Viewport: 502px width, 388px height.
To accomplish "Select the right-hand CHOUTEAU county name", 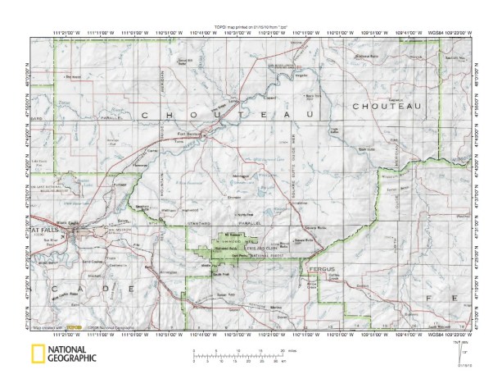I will click(386, 107).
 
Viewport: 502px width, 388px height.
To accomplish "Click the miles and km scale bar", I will click(238, 358).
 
